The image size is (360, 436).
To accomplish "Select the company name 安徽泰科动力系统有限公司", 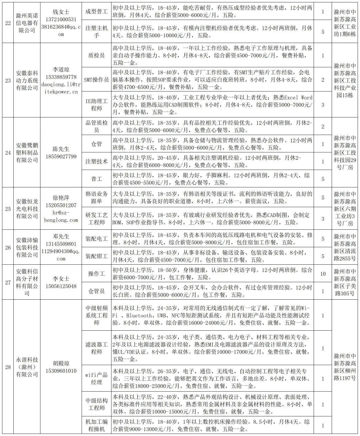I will point(27,80).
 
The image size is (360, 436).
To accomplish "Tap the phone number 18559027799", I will point(61,156).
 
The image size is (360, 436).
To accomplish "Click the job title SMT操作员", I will point(96,80).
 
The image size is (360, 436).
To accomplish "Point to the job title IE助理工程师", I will point(96,104).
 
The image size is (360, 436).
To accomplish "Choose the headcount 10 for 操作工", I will point(323,274).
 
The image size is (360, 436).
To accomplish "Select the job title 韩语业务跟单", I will point(96,198).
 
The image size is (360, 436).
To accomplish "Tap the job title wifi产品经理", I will point(96,379).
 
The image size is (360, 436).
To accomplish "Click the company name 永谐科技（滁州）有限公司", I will point(27,367).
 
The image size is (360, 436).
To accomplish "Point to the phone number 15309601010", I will point(61,371).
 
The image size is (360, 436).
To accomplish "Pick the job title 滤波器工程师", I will point(96,348).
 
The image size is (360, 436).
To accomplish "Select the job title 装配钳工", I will point(96,256).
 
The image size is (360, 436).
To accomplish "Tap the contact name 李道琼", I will point(61,70).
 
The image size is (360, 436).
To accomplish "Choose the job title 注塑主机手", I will point(96,31).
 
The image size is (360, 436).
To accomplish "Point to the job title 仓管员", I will point(96,291).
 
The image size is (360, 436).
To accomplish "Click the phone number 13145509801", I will point(61,244).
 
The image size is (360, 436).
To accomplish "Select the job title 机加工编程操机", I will point(96,425).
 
